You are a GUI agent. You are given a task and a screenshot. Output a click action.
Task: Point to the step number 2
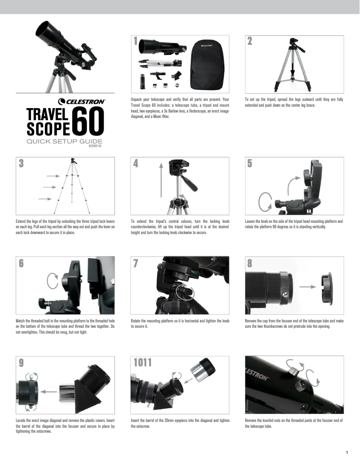pyautogui.click(x=250, y=42)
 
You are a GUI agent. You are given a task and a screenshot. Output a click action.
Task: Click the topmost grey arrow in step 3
pyautogui.click(x=53, y=176)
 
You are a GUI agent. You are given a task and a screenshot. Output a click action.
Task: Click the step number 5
pyautogui.click(x=250, y=164)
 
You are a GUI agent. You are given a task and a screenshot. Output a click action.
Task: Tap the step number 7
pyautogui.click(x=136, y=263)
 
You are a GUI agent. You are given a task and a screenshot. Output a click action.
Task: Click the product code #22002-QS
pyautogui.click(x=95, y=146)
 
